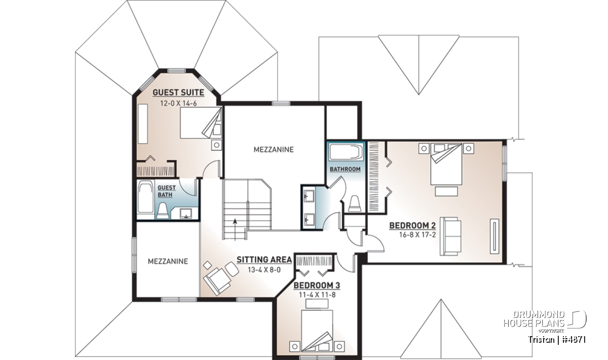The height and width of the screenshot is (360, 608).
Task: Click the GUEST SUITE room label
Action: click(x=178, y=93)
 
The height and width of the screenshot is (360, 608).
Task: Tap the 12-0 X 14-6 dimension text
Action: click(x=178, y=103)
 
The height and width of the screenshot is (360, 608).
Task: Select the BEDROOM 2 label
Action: click(x=412, y=225)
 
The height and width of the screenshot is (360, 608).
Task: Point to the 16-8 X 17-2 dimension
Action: click(x=417, y=235)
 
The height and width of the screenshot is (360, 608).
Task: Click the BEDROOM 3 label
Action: click(x=317, y=286)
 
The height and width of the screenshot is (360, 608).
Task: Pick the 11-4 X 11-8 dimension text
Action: click(x=317, y=295)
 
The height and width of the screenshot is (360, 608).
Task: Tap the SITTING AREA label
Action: click(x=264, y=260)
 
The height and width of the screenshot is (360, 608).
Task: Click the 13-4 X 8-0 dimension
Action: click(x=264, y=270)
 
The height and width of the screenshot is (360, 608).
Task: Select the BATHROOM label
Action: click(x=345, y=169)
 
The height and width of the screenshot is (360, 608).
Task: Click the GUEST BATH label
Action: click(x=166, y=191)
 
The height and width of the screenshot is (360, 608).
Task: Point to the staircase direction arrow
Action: click(x=235, y=229)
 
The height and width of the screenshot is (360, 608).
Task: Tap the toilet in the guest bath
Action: click(x=163, y=211)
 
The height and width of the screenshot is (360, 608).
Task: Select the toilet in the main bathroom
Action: click(x=355, y=204)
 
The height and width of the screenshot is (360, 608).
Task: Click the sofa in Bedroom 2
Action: click(x=450, y=236)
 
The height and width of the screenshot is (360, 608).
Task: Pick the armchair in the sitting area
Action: click(x=217, y=281)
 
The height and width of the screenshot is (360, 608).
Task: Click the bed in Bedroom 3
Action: click(x=317, y=331)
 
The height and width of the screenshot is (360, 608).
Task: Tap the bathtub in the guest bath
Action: click(x=146, y=197)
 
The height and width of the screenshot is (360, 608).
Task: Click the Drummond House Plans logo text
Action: click(x=534, y=319)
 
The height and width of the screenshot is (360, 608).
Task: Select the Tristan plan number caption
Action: click(x=557, y=340)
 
